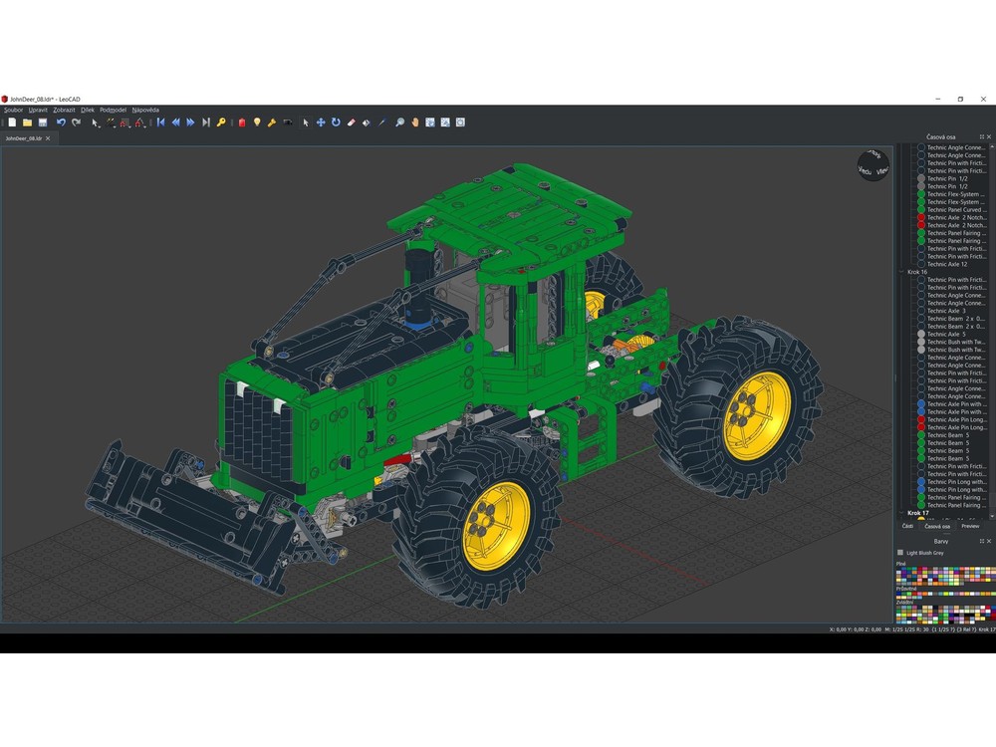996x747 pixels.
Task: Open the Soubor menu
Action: tap(13, 110)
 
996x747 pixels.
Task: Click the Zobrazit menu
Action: tap(64, 110)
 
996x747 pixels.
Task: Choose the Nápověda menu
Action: tap(145, 110)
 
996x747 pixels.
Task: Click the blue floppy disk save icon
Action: tap(43, 123)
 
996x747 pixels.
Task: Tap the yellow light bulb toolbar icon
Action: tap(256, 123)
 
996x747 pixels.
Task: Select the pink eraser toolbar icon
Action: tap(351, 123)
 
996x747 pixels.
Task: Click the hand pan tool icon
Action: tap(414, 123)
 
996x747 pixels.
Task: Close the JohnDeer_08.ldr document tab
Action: tap(48, 138)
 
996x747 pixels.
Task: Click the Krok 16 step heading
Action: tap(917, 272)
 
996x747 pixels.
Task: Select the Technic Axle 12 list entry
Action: tap(947, 264)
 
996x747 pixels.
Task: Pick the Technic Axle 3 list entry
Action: tap(946, 311)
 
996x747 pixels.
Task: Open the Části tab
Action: tap(907, 526)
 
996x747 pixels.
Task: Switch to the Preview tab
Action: tap(969, 526)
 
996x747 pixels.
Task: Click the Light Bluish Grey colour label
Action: tap(924, 553)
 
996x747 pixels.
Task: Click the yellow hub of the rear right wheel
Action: tap(757, 415)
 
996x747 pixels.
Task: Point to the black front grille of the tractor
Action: tap(254, 428)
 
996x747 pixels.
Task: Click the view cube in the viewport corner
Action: tap(872, 165)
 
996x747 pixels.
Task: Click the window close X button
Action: tap(983, 99)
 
